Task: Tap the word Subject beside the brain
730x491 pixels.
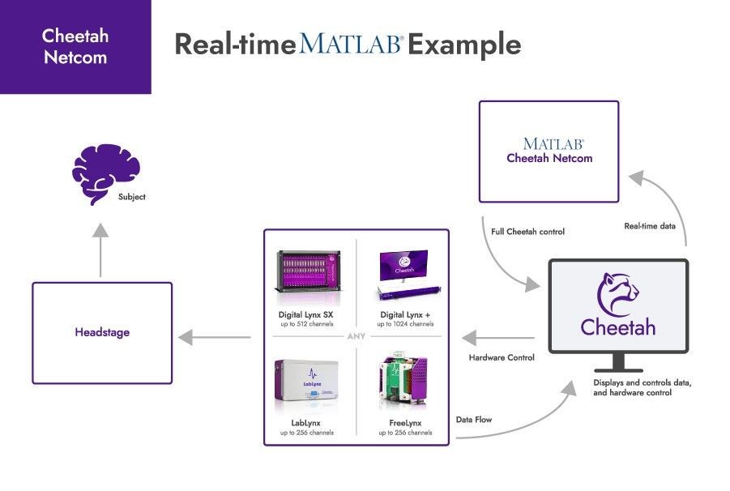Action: point(131,197)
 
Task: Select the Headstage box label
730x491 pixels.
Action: point(102,332)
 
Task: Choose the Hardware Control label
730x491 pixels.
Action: point(502,357)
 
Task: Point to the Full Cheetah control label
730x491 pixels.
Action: point(527,232)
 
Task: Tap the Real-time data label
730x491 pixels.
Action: point(649,226)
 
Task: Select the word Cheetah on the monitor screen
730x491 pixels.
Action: point(618,327)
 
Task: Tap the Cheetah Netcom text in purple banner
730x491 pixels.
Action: point(75,46)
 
